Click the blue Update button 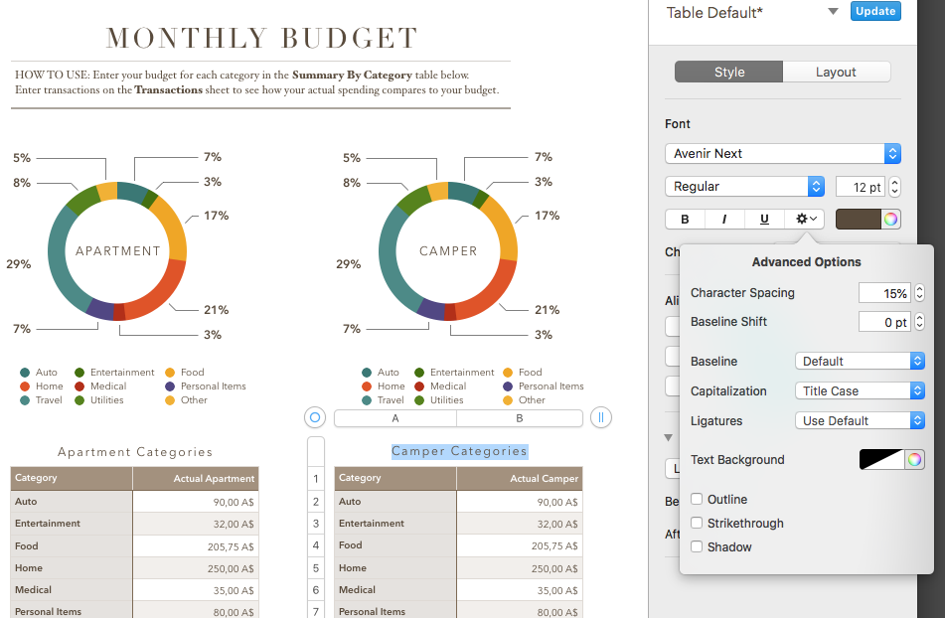click(x=875, y=12)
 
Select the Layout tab click(x=836, y=73)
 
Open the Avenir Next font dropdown click(x=782, y=154)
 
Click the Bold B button click(x=685, y=219)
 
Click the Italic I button click(x=724, y=219)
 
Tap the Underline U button click(x=764, y=219)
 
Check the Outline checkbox click(x=698, y=500)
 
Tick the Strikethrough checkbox click(x=698, y=524)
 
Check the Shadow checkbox click(x=698, y=547)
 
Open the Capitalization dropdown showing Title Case click(x=860, y=391)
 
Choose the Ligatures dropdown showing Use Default click(x=860, y=421)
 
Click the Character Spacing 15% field click(x=883, y=294)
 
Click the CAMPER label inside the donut click(x=448, y=251)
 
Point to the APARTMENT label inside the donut click(x=118, y=251)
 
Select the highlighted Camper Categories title click(x=459, y=451)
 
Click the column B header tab click(x=520, y=418)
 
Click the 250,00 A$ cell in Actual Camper click(x=520, y=568)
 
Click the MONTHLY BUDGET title click(x=262, y=39)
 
